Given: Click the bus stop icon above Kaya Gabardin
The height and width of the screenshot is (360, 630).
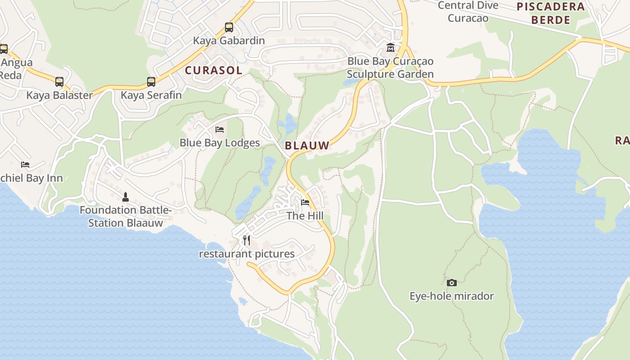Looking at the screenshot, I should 229,27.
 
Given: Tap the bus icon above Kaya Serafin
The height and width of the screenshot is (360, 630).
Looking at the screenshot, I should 151,82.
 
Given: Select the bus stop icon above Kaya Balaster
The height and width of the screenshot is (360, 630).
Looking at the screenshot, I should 59,82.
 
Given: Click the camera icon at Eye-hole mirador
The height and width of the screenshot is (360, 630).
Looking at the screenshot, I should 452,283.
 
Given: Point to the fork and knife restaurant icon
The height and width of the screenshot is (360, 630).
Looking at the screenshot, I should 247,240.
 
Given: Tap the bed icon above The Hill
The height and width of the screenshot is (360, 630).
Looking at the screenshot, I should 305,202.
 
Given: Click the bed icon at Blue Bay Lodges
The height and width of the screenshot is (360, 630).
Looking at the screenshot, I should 220,130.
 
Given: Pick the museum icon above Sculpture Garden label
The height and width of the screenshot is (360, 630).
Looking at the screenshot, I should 391,48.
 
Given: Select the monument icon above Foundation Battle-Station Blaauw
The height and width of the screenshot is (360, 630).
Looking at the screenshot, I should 126,197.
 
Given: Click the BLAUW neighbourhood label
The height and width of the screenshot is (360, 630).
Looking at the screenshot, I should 307,145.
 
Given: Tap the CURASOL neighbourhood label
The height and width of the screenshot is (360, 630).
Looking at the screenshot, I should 214,70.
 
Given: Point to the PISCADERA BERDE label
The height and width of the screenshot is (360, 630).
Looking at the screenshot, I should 551,13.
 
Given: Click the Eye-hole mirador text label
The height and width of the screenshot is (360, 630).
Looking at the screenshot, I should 452,296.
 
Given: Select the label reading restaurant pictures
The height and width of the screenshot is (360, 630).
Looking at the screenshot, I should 247,254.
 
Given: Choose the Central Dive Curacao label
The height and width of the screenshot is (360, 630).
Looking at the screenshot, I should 468,12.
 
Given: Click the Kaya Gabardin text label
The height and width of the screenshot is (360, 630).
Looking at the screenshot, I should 229,40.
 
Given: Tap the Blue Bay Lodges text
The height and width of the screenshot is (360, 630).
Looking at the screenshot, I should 220,143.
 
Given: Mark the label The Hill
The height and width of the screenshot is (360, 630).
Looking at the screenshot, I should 305,216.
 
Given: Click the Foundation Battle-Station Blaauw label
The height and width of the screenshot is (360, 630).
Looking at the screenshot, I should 126,216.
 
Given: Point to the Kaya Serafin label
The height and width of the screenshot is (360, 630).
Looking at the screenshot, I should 151,95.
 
